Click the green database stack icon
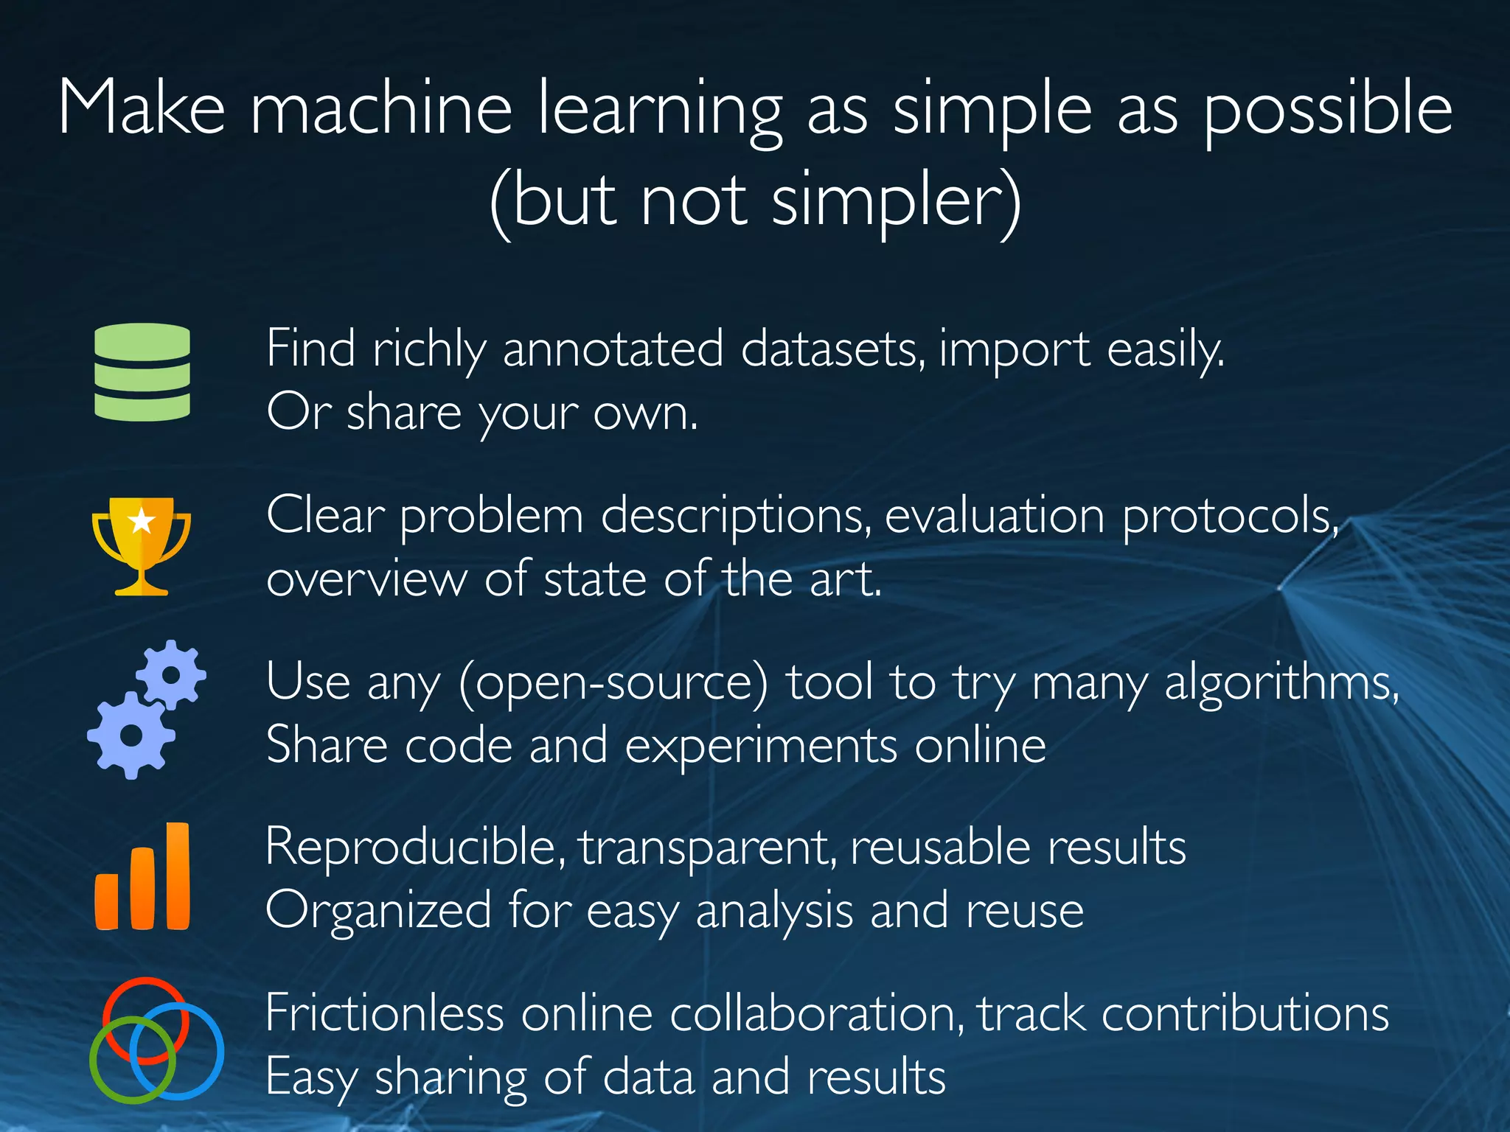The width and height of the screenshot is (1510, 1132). coord(142,372)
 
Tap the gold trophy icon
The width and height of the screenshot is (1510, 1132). coord(142,545)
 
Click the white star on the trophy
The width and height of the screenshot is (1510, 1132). coord(142,522)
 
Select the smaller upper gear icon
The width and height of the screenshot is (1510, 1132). coord(171,674)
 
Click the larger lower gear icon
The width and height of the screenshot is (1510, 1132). coord(131,735)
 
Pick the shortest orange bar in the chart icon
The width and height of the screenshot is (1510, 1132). coord(107,901)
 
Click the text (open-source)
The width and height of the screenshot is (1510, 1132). coord(613,682)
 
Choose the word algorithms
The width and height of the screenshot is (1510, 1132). coord(1281,683)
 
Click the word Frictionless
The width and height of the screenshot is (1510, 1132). coord(383,1013)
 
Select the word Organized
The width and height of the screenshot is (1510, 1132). coord(378,911)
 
